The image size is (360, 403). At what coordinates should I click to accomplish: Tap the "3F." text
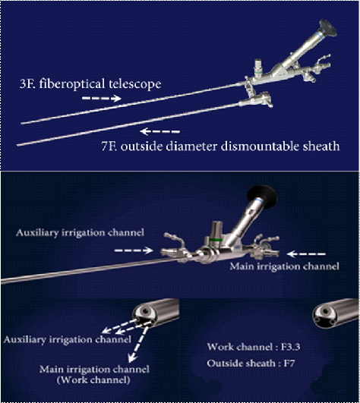[x=27, y=84]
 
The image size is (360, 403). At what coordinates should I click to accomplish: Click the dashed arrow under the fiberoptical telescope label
[x=101, y=98]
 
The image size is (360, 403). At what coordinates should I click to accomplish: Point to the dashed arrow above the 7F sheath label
[x=160, y=131]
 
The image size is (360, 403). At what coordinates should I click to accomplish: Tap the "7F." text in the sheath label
[x=109, y=146]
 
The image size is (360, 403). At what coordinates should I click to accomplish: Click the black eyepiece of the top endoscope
[x=328, y=28]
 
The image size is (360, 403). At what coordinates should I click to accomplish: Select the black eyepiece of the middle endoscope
[x=262, y=197]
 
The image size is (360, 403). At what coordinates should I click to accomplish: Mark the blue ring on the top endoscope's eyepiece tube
[x=320, y=36]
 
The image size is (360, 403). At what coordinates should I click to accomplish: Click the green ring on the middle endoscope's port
[x=216, y=240]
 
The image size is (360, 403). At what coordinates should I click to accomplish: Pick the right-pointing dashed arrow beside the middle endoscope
[x=134, y=250]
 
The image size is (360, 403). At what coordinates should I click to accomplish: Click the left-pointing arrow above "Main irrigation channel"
[x=306, y=254]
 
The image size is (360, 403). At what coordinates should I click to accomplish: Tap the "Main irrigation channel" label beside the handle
[x=284, y=266]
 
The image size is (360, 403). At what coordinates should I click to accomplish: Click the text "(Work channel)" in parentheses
[x=93, y=380]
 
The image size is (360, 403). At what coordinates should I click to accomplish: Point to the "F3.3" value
[x=291, y=347]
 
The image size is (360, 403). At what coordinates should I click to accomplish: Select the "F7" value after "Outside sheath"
[x=289, y=364]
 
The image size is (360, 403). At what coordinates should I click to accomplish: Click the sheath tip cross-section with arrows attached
[x=156, y=313]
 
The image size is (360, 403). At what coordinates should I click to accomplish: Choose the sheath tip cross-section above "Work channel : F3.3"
[x=336, y=313]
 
